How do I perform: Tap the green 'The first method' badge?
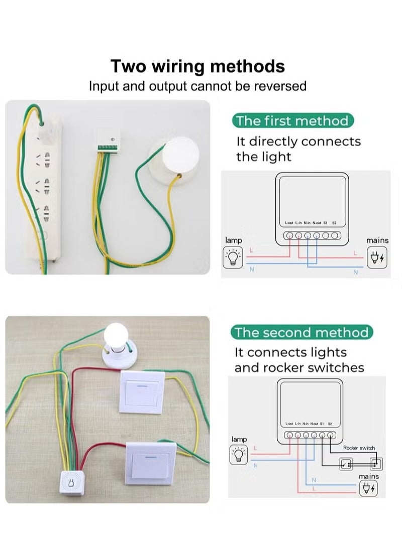[292, 121]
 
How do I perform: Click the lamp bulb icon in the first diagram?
[233, 257]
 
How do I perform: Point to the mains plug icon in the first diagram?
[377, 257]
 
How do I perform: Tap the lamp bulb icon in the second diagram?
[239, 455]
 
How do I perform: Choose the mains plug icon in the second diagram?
[369, 488]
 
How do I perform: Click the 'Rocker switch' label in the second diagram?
[359, 448]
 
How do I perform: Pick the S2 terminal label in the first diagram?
[335, 222]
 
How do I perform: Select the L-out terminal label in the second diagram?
[289, 424]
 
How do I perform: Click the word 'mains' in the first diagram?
[377, 240]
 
